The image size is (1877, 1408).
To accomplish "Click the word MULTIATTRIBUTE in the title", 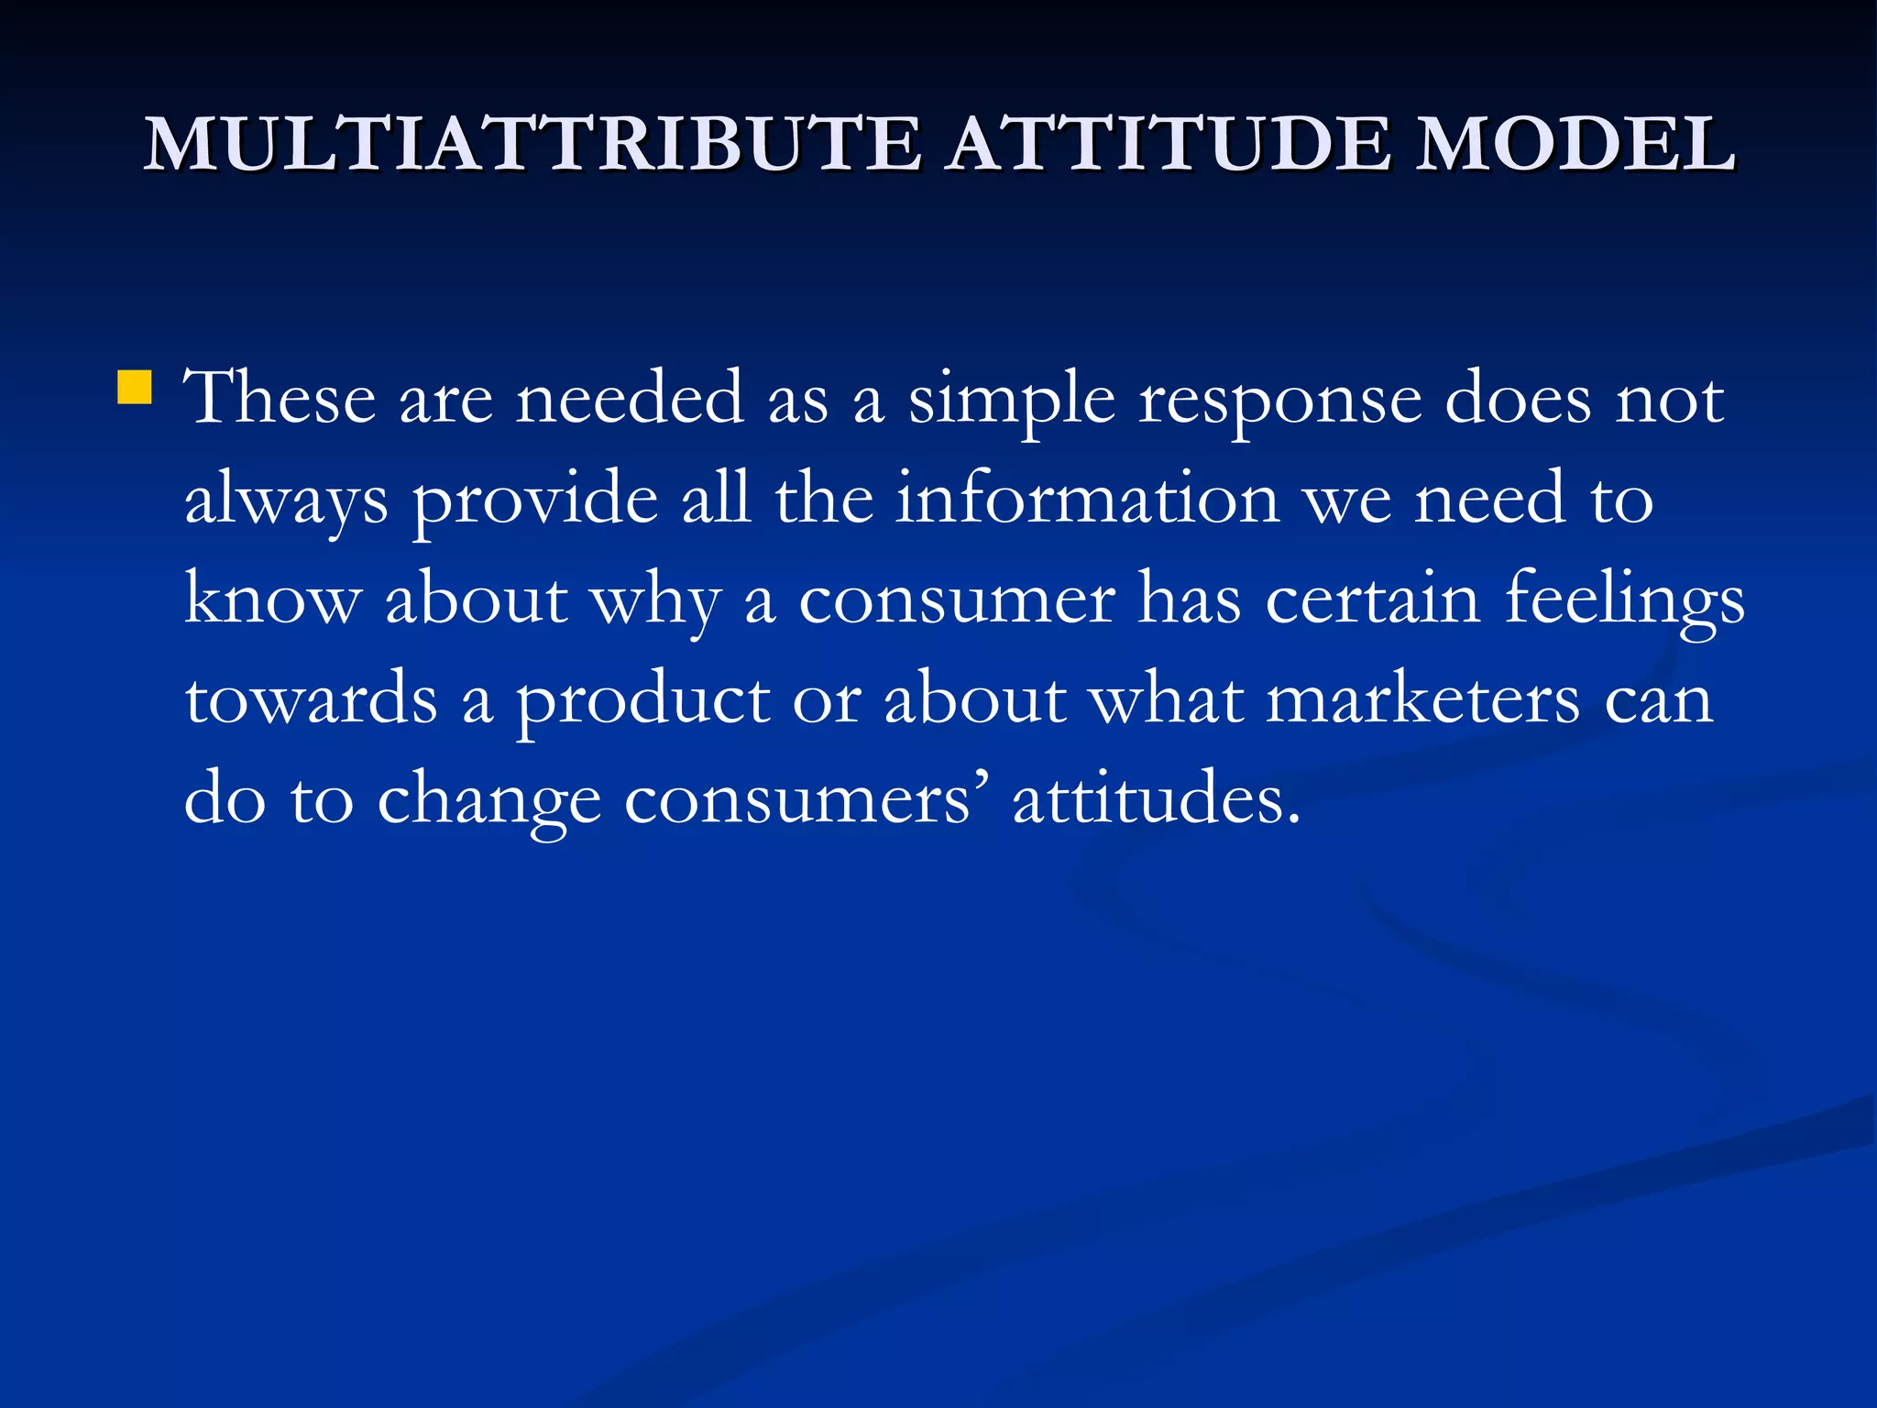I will coord(532,144).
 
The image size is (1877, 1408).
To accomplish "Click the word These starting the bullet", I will coord(280,398).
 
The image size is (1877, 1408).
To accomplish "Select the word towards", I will coord(312,698).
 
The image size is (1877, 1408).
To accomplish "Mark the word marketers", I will coord(1423,698).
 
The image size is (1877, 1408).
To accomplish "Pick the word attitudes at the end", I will coord(1156,798).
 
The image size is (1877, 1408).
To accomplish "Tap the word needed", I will coord(630,398).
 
